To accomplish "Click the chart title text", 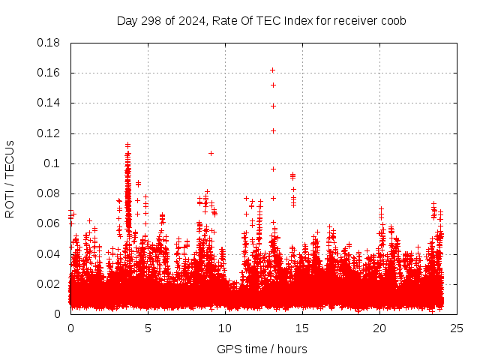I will (x=261, y=20).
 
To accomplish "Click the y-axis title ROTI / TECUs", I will (x=10, y=178).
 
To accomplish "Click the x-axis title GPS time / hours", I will (x=262, y=349).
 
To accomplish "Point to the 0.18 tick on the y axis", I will (x=50, y=43).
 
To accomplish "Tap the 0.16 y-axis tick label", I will (x=50, y=73).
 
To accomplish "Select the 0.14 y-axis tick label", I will (x=50, y=103).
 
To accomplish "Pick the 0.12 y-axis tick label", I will (x=50, y=133).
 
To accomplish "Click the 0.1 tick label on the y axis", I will (x=54, y=163).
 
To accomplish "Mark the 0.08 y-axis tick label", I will (x=50, y=193).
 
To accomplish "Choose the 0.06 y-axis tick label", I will (x=50, y=223).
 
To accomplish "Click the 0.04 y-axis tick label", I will (x=50, y=253).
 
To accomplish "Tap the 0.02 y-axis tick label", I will (x=50, y=283).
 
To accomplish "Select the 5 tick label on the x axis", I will (x=148, y=328).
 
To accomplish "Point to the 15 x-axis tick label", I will (x=302, y=328).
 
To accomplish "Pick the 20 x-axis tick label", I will (x=379, y=328).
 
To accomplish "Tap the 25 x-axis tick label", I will (x=457, y=328).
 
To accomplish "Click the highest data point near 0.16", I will (x=273, y=70).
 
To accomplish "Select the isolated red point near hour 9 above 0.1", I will (x=211, y=153).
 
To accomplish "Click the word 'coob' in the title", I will (x=392, y=20).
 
